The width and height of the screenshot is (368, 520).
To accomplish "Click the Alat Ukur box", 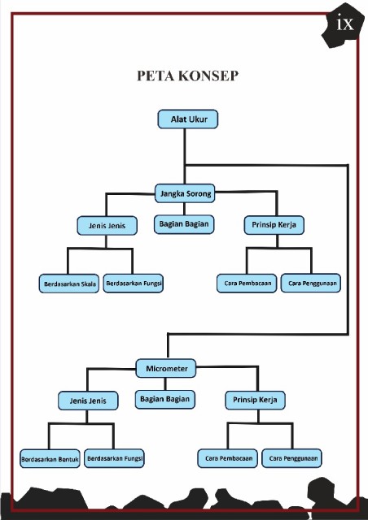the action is pyautogui.click(x=188, y=119).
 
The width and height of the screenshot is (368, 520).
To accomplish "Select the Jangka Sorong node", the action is pyautogui.click(x=185, y=193).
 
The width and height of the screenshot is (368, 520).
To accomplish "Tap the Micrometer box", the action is pyautogui.click(x=166, y=368).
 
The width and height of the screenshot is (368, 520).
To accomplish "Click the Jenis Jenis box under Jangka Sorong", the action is pyautogui.click(x=107, y=226).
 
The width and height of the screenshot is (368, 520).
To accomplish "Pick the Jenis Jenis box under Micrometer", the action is pyautogui.click(x=88, y=401).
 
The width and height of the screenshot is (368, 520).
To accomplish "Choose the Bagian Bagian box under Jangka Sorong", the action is pyautogui.click(x=184, y=224).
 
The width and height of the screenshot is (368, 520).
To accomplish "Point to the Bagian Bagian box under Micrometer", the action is pyautogui.click(x=165, y=399).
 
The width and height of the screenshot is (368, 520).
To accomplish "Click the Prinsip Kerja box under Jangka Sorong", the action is pyautogui.click(x=274, y=225).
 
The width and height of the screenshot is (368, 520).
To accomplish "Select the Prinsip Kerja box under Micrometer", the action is pyautogui.click(x=255, y=401).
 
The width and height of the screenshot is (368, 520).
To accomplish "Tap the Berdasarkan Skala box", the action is pyautogui.click(x=69, y=284).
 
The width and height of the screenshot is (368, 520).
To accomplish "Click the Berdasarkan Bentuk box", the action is pyautogui.click(x=50, y=458).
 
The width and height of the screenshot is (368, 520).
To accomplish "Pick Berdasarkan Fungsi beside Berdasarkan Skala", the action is pyautogui.click(x=133, y=284).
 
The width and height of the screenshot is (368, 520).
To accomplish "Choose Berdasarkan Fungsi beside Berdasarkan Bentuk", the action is pyautogui.click(x=114, y=458).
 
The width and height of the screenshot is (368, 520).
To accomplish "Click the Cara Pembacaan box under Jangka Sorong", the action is pyautogui.click(x=247, y=284).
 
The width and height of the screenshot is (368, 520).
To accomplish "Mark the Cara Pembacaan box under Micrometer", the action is pyautogui.click(x=228, y=458).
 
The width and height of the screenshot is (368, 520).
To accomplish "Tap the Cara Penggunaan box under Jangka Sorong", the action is pyautogui.click(x=311, y=283).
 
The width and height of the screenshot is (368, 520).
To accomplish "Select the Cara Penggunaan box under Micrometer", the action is pyautogui.click(x=291, y=458).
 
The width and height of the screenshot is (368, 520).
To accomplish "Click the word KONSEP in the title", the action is pyautogui.click(x=208, y=76).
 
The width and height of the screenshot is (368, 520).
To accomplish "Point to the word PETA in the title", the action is pyautogui.click(x=156, y=76).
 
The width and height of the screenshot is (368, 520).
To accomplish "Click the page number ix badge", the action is pyautogui.click(x=343, y=25).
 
